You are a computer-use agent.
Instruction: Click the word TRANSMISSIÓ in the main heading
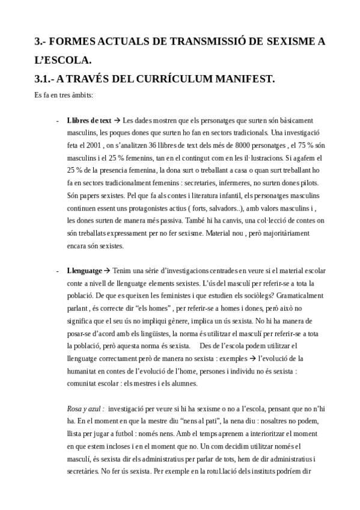click(194, 41)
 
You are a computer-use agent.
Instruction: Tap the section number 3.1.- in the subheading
click(49, 79)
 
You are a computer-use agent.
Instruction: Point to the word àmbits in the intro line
click(80, 95)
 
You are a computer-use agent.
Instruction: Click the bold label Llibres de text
click(89, 120)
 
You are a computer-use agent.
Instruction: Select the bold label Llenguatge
click(85, 271)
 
